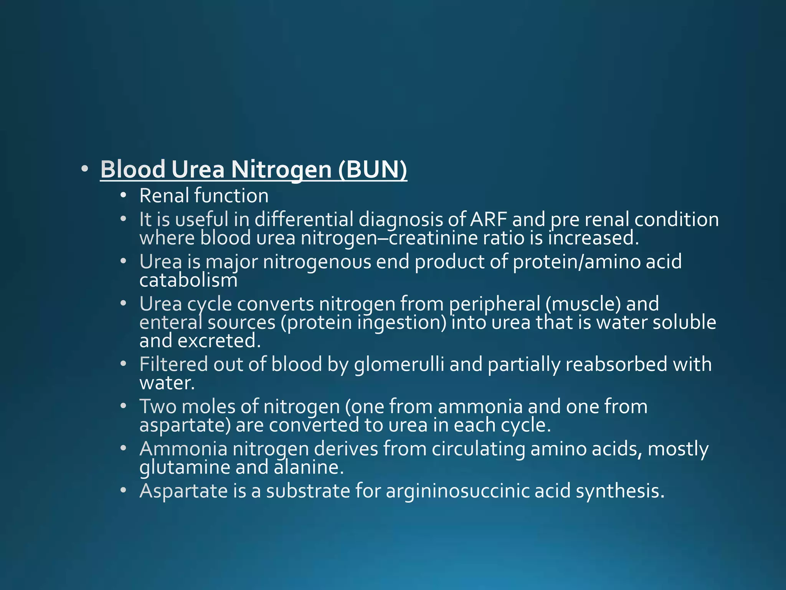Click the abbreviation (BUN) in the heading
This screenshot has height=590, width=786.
point(372,169)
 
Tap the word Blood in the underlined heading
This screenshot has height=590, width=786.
point(132,169)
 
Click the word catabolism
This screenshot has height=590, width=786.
point(188,280)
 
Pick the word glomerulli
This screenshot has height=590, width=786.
point(399,365)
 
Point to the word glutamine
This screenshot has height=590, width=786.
point(185,467)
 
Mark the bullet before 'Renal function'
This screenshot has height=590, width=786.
point(123,196)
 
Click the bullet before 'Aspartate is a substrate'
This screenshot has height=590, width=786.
point(123,491)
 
